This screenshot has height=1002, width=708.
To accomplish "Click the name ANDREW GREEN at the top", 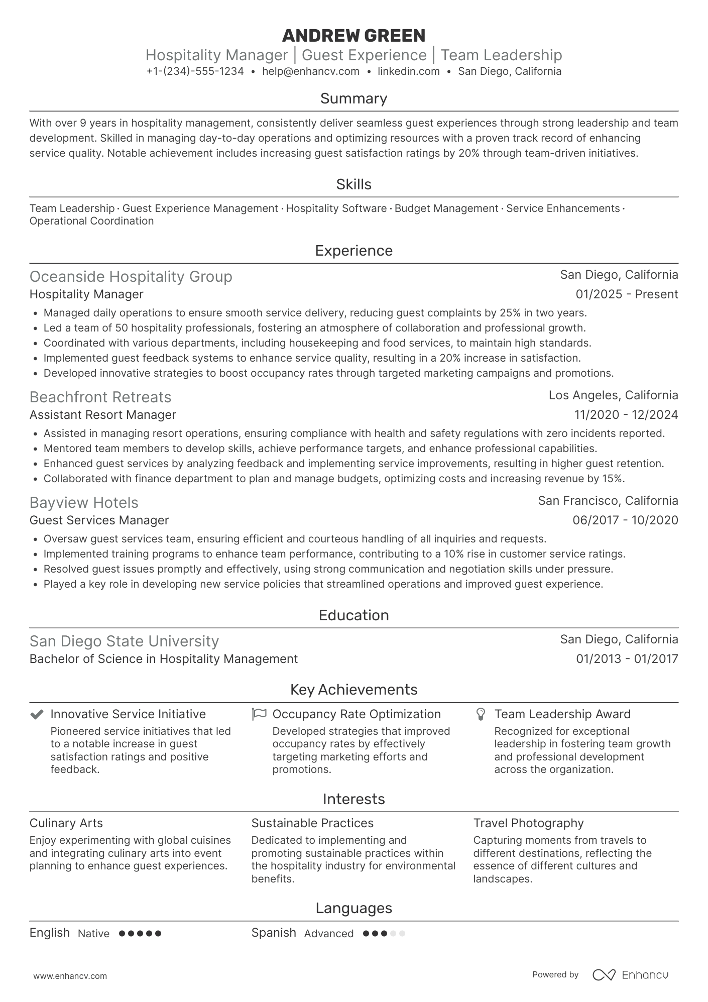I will (353, 36).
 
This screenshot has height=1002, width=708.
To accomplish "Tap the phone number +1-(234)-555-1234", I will (195, 71).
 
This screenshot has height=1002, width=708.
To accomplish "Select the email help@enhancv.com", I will (311, 71).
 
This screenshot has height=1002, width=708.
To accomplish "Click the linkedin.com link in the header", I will (408, 71).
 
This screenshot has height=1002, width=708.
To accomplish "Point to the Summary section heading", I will (353, 98).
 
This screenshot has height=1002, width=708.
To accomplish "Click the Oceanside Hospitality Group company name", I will (131, 277).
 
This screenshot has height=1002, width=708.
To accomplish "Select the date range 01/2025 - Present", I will (627, 294).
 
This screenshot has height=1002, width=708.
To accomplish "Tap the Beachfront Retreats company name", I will (100, 397).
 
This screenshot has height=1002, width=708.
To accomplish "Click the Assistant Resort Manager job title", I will (102, 415).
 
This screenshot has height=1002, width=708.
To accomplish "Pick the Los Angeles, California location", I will (613, 395).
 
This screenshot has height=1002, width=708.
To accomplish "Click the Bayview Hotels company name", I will (84, 503).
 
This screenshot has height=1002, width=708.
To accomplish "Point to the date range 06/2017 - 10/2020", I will (625, 520).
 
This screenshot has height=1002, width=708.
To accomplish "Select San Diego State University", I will (124, 641).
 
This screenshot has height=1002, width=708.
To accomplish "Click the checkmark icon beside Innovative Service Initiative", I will (37, 714).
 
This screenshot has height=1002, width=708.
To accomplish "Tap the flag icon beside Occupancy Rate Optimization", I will (259, 714).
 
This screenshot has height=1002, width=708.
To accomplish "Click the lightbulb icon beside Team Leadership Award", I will (481, 714).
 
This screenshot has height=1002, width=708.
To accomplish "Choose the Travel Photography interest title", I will (528, 823).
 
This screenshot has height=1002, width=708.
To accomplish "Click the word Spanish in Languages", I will (274, 933).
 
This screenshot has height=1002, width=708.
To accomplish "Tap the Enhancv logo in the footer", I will (631, 975).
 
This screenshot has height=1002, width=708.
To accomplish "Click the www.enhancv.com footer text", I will (70, 976).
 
